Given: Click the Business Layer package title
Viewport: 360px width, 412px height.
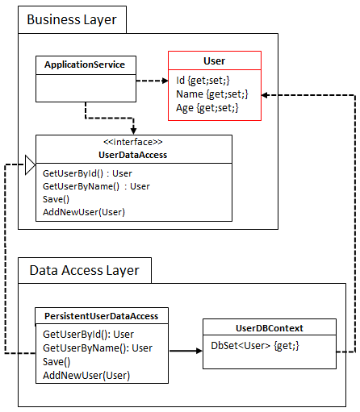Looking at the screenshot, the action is [72, 20].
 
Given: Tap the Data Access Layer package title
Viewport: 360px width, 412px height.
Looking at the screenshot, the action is [85, 271].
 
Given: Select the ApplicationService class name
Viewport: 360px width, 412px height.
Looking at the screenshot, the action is [85, 65].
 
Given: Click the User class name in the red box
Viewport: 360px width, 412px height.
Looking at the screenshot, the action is [215, 61].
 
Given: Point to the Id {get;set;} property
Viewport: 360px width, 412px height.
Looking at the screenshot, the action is [203, 81].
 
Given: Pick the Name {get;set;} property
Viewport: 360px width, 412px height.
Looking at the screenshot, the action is [212, 94].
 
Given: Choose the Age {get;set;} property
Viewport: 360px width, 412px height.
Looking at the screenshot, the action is [207, 108].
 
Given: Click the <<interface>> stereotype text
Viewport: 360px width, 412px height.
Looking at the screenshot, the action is [133, 142].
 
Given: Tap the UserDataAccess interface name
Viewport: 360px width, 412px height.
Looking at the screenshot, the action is [133, 155].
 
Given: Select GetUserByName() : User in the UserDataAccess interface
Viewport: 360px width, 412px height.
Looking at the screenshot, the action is [96, 186].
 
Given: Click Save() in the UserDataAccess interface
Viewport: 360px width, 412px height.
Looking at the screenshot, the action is [56, 199].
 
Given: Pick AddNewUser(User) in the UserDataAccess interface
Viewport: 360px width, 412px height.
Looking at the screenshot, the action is [84, 212].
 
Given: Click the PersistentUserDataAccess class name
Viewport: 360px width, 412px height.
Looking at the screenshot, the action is [102, 316].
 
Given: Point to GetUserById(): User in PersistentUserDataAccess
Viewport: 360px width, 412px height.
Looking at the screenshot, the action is [88, 335].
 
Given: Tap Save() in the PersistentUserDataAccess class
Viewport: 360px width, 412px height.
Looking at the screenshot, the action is [57, 362].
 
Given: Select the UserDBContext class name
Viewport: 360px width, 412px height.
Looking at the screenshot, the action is [270, 328].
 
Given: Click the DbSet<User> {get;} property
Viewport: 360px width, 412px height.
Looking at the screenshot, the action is [255, 346].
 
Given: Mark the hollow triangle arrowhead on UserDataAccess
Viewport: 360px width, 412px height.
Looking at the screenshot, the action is [30, 165].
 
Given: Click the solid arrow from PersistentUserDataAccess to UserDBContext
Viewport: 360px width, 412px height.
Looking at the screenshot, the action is [186, 351].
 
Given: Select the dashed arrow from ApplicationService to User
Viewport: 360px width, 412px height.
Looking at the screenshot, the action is [153, 81].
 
